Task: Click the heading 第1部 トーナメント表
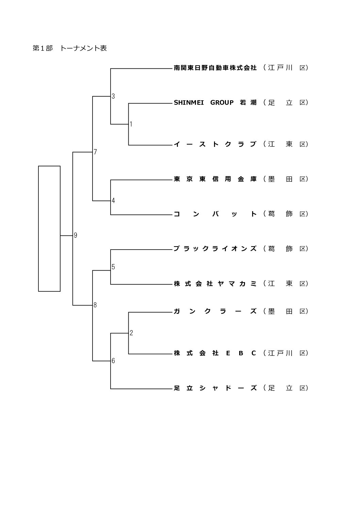(x=70, y=48)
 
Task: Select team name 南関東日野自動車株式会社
(x=215, y=68)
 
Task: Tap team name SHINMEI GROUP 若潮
(x=215, y=102)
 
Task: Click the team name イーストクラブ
(x=215, y=144)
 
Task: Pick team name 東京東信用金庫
(x=215, y=179)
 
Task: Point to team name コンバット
(x=215, y=214)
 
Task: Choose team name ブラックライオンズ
(x=215, y=249)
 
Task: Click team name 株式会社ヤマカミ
(x=215, y=284)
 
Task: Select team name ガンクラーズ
(x=215, y=311)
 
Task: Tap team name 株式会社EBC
(x=215, y=353)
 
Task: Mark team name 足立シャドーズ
(x=215, y=388)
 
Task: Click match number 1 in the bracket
(x=131, y=124)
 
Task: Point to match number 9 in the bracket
(x=76, y=235)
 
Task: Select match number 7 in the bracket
(x=95, y=152)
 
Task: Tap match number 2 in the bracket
(x=131, y=333)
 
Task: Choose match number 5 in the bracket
(x=113, y=267)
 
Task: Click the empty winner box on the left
(x=49, y=228)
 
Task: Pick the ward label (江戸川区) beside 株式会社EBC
(x=285, y=353)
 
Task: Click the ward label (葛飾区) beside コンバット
(x=285, y=214)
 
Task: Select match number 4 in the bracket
(x=113, y=201)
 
